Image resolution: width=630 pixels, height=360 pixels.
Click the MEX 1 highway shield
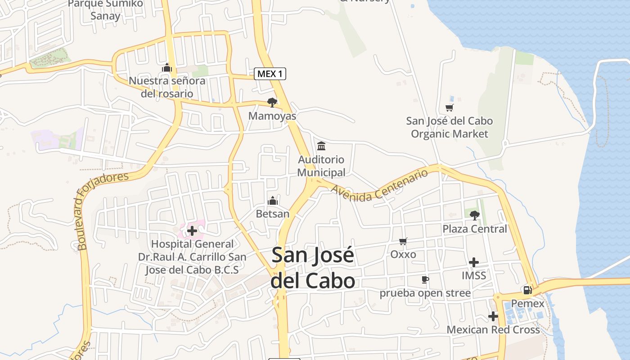(x=270, y=74)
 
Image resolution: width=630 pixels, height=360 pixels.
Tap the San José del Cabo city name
(x=313, y=268)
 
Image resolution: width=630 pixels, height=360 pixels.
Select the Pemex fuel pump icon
(x=527, y=290)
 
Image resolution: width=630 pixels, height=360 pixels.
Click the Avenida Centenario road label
(x=379, y=185)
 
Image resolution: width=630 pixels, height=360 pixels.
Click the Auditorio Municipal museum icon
(x=321, y=146)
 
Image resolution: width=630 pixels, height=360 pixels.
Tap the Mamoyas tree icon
(x=272, y=103)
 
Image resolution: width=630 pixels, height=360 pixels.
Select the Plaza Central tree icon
(x=474, y=216)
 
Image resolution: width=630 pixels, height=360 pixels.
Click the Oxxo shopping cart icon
(x=403, y=242)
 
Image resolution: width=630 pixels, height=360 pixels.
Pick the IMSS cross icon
(x=474, y=262)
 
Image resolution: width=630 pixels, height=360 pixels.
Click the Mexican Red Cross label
(x=493, y=330)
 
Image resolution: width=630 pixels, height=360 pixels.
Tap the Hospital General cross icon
(x=192, y=231)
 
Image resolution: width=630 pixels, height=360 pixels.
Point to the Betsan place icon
(x=273, y=201)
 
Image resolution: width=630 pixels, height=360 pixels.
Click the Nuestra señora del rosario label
(x=167, y=87)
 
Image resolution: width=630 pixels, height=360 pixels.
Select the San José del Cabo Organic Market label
(x=449, y=127)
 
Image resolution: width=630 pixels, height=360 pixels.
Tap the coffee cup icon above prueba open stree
(x=425, y=280)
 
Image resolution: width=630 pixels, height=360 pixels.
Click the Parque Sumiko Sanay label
(x=105, y=10)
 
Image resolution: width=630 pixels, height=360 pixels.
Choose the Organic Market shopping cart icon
(x=449, y=108)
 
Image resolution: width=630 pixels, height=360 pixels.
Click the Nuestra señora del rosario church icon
(x=167, y=68)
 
